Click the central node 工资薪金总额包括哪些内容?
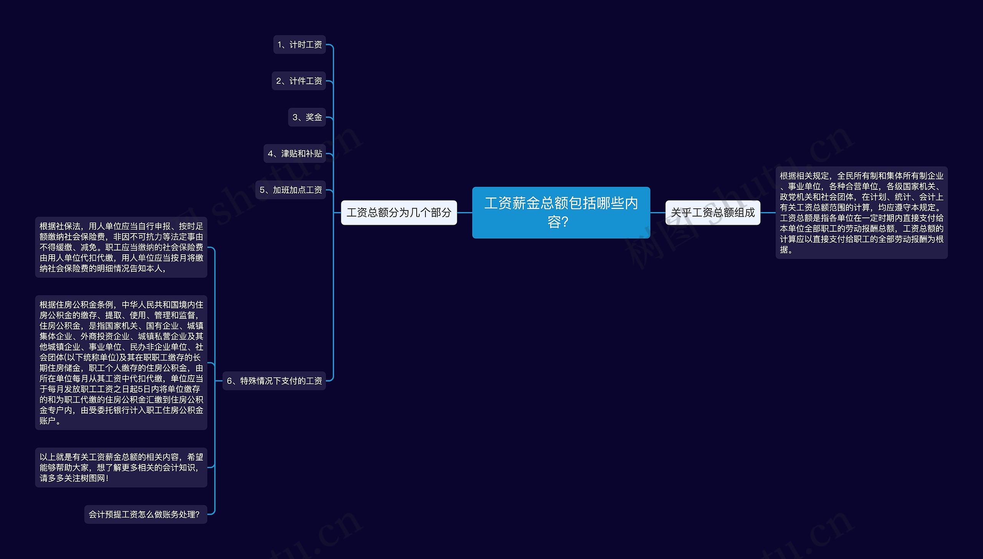click(x=561, y=212)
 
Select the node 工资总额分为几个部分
click(x=399, y=212)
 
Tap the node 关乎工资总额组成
click(x=712, y=212)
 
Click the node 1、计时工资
click(x=300, y=45)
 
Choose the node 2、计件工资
click(x=299, y=81)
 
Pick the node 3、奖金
click(x=307, y=117)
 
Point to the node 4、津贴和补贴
click(x=295, y=154)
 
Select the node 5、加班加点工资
click(x=291, y=190)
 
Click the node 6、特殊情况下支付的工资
click(x=274, y=381)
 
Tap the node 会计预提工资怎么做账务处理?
click(x=146, y=514)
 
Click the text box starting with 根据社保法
click(x=121, y=247)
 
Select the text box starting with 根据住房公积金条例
click(x=121, y=362)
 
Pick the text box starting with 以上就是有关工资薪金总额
click(x=121, y=468)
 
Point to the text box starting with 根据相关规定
click(x=861, y=212)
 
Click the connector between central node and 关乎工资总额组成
click(x=658, y=212)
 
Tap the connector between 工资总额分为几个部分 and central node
click(x=465, y=212)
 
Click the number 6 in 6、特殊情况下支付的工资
click(x=230, y=381)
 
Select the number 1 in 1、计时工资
click(x=280, y=45)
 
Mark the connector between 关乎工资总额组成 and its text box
click(x=768, y=212)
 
